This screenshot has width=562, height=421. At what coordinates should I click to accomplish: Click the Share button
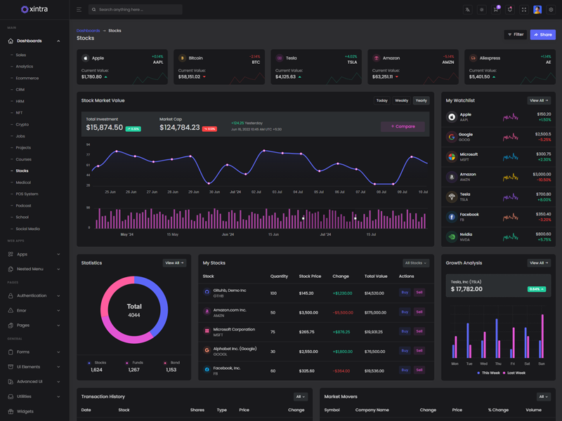542,34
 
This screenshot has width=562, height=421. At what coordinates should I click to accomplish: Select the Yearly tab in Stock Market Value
421,100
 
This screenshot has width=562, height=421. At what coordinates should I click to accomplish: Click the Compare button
403,126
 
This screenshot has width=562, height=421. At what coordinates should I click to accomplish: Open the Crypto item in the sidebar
22,124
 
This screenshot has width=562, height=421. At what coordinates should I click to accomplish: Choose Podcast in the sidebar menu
23,206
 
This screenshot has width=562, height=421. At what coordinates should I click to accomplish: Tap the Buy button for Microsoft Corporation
405,331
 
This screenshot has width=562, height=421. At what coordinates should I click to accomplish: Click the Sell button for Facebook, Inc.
419,370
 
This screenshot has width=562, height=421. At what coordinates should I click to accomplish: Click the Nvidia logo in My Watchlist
452,236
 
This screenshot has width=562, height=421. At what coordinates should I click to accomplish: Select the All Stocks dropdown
416,263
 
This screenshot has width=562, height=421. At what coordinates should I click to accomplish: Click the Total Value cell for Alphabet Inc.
374,351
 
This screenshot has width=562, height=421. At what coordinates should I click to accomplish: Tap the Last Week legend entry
516,373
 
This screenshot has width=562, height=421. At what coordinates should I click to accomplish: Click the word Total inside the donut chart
134,306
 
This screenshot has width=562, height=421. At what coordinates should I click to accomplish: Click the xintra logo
34,9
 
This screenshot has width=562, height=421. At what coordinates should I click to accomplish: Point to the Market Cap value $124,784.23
179,128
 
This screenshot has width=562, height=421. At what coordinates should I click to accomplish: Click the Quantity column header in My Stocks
279,276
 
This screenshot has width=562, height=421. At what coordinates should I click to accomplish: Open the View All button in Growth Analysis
539,263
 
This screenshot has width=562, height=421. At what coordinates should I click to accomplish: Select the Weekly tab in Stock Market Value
401,100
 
